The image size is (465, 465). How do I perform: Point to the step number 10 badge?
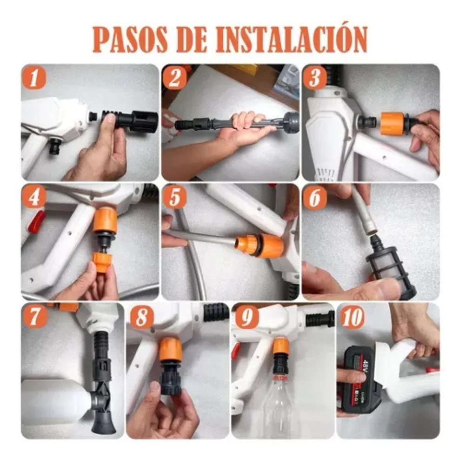pyautogui.click(x=352, y=317)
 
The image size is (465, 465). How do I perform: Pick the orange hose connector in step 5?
pyautogui.click(x=260, y=245)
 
